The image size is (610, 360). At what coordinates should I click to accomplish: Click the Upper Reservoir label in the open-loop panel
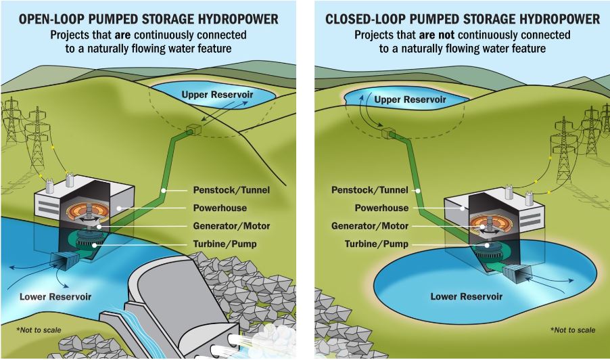coord(217,95)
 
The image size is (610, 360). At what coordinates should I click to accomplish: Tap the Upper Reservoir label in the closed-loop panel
coord(410,99)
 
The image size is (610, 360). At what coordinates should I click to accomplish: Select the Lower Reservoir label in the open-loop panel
coord(55,297)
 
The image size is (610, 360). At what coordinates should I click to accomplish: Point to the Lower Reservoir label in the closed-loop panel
coord(466,296)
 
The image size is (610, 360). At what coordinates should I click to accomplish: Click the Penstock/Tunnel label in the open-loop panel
coord(231,190)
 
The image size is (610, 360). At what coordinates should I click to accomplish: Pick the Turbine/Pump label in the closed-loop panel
coord(376,244)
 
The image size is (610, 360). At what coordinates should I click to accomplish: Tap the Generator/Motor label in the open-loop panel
coord(231,226)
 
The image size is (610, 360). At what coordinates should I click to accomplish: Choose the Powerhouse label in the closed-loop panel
coord(381,208)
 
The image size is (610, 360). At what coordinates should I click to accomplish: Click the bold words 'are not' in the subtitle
coord(436,35)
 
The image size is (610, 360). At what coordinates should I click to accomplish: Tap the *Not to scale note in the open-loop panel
coord(39,330)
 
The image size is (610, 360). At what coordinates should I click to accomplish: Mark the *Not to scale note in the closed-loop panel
coord(573,330)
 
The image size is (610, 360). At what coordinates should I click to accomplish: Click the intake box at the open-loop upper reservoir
coord(193,130)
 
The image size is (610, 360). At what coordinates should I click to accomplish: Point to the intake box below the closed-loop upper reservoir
coord(388,133)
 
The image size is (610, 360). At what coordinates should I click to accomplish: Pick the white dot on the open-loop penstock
coord(164,190)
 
